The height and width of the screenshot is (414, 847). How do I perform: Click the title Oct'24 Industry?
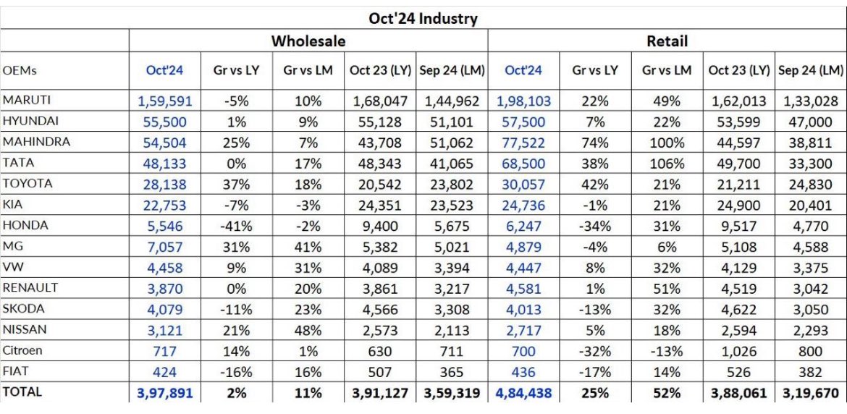tap(423, 18)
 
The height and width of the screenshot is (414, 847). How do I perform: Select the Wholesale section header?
tap(308, 41)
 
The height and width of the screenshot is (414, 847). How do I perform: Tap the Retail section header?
tap(667, 41)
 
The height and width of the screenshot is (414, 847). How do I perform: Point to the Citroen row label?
tap(22, 350)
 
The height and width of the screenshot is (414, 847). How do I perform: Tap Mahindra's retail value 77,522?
tap(525, 142)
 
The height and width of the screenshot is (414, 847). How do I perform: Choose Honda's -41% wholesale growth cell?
tap(237, 226)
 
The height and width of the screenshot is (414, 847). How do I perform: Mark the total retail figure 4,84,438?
tap(525, 392)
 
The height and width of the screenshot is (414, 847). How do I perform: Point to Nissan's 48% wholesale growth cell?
tap(308, 330)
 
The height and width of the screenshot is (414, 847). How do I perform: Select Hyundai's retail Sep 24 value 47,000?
tap(811, 122)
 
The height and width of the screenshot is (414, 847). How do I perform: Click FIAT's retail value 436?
tap(525, 372)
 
